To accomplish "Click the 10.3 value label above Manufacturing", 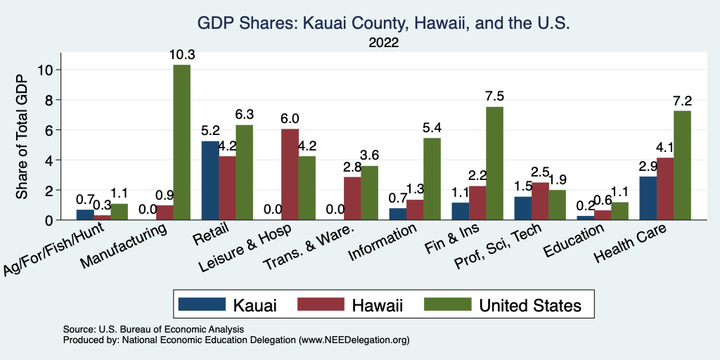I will (x=181, y=54).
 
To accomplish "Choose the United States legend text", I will (x=530, y=304).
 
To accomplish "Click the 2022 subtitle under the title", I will (x=383, y=43).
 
